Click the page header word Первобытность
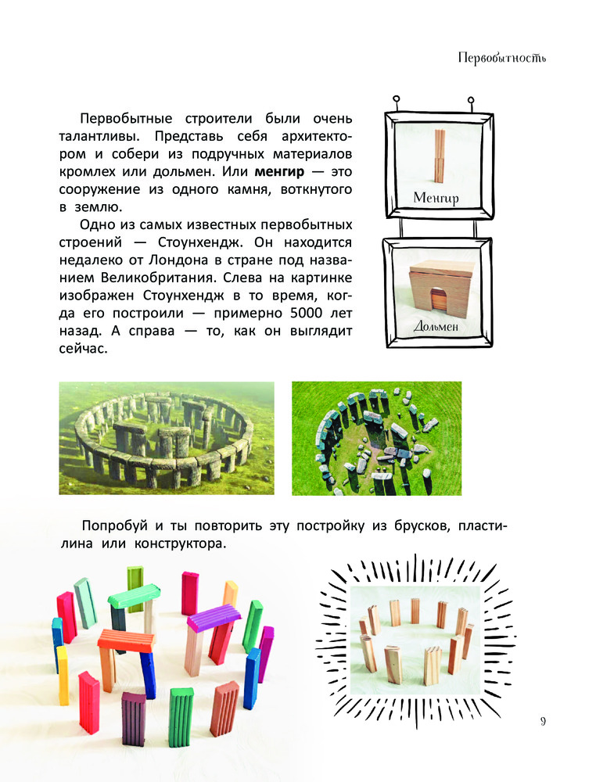click(x=501, y=59)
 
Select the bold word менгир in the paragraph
click(x=279, y=171)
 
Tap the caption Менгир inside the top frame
click(x=436, y=198)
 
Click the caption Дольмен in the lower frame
click(x=436, y=327)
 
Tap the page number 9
click(x=543, y=721)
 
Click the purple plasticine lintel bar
click(x=214, y=617)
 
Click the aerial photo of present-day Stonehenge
click(x=376, y=439)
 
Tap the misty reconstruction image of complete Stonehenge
click(x=167, y=438)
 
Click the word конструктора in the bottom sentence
click(x=180, y=543)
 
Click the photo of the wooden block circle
click(x=415, y=640)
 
